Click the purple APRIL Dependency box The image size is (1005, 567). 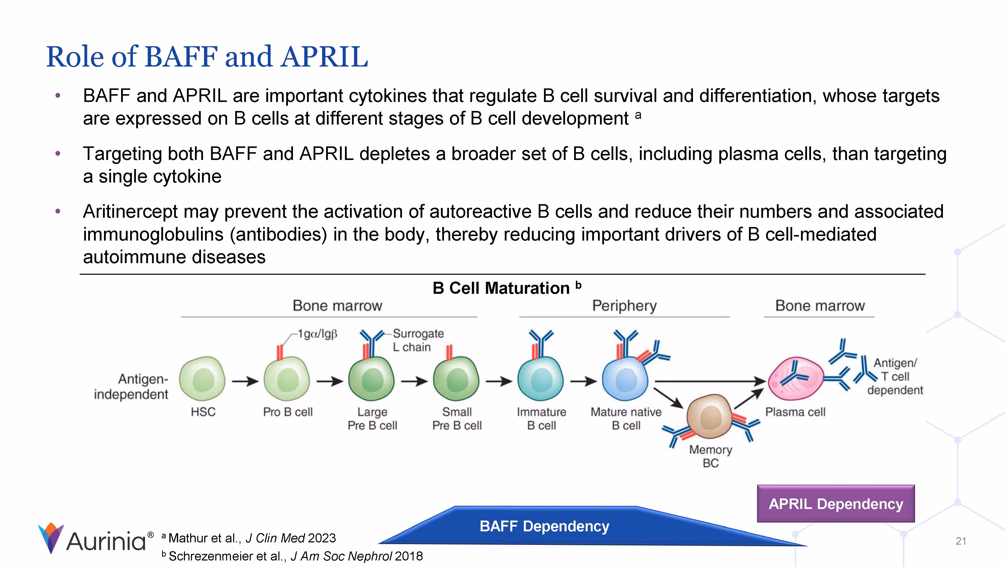pos(835,503)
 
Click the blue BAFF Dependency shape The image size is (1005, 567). pos(544,526)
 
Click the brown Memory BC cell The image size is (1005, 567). pos(709,417)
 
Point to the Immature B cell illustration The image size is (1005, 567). pos(540,379)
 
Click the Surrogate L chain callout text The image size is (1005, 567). pos(417,340)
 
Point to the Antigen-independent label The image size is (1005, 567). pos(131,386)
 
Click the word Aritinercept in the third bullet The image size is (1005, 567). pos(131,212)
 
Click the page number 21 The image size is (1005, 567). pos(961,541)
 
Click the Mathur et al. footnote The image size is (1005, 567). pos(252,538)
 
